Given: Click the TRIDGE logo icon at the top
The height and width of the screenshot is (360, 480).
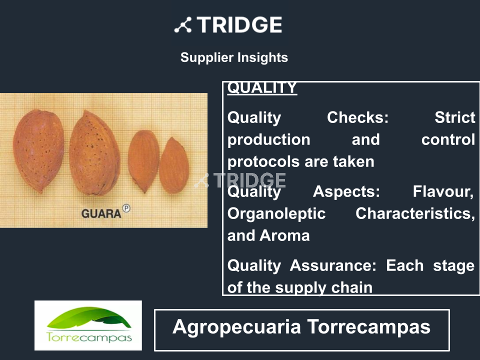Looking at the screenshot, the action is (183, 25).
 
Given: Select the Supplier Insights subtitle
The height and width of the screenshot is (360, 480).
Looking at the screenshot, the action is (234, 57).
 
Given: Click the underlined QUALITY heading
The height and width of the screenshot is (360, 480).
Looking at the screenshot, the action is (262, 88).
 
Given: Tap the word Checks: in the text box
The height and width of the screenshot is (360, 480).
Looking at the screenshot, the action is (357, 117).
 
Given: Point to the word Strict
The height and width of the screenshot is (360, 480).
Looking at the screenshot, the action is (455, 117).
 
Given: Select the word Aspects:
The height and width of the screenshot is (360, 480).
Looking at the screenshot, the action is (346, 192).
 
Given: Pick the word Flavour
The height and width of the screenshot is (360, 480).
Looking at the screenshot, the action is (443, 192).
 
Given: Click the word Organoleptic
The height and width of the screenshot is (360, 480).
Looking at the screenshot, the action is (276, 214).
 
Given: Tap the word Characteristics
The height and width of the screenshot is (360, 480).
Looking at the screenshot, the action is (415, 213).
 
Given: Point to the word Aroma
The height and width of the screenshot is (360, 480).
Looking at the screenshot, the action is (284, 236).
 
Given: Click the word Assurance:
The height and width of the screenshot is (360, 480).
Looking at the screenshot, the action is (333, 265).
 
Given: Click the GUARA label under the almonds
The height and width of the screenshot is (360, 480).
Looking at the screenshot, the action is (101, 213).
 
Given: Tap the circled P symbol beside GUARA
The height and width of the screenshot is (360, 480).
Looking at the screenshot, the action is (126, 208).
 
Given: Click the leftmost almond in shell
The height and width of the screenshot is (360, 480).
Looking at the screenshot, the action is (38, 151).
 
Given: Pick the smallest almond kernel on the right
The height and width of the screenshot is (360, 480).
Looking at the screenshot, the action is (174, 165).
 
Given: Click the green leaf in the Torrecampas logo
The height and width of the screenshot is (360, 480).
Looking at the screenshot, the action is (89, 318).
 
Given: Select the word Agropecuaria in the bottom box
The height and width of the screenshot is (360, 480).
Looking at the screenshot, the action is (236, 327).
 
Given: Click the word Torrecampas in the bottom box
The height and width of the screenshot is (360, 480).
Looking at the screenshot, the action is (369, 327).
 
